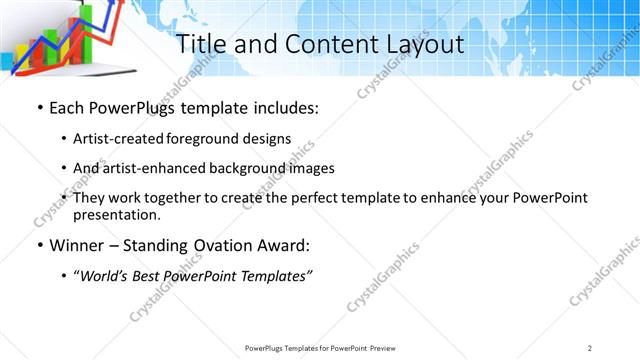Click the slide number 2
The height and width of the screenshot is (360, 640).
pos(591,347)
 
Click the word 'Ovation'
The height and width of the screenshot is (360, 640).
pos(220,245)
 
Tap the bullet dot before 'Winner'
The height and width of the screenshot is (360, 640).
pos(39,246)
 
